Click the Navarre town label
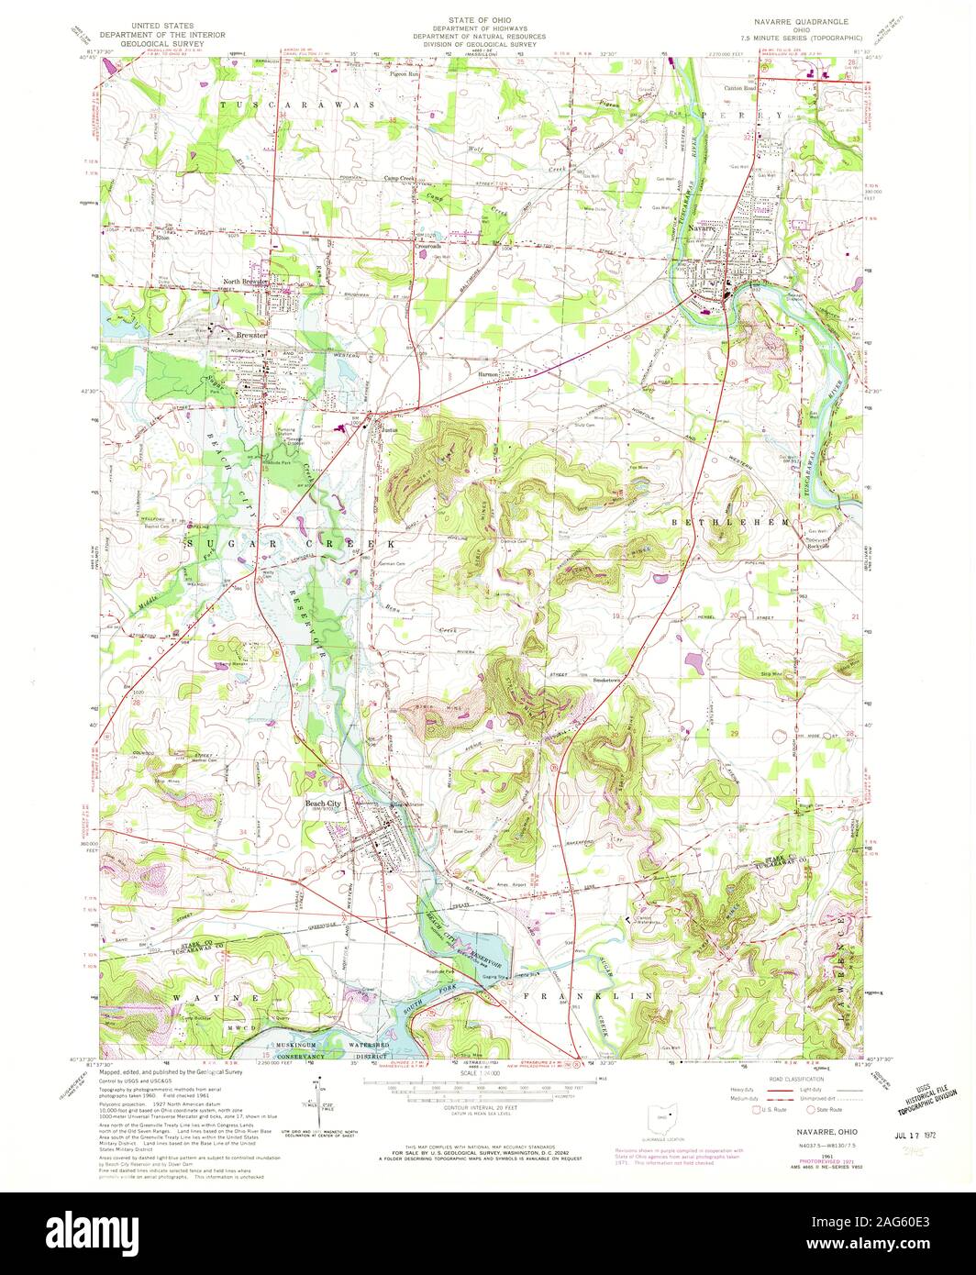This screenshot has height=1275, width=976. [x=715, y=227]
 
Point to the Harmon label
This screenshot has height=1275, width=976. [x=486, y=374]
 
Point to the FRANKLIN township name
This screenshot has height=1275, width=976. [x=587, y=994]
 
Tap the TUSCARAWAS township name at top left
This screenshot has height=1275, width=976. [x=297, y=105]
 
